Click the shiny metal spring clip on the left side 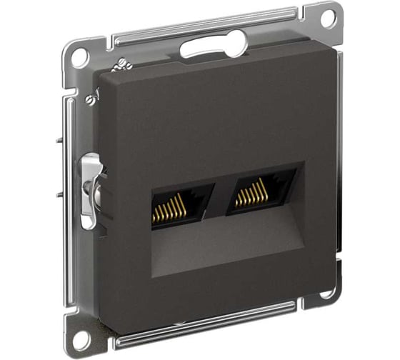point(91,189)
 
